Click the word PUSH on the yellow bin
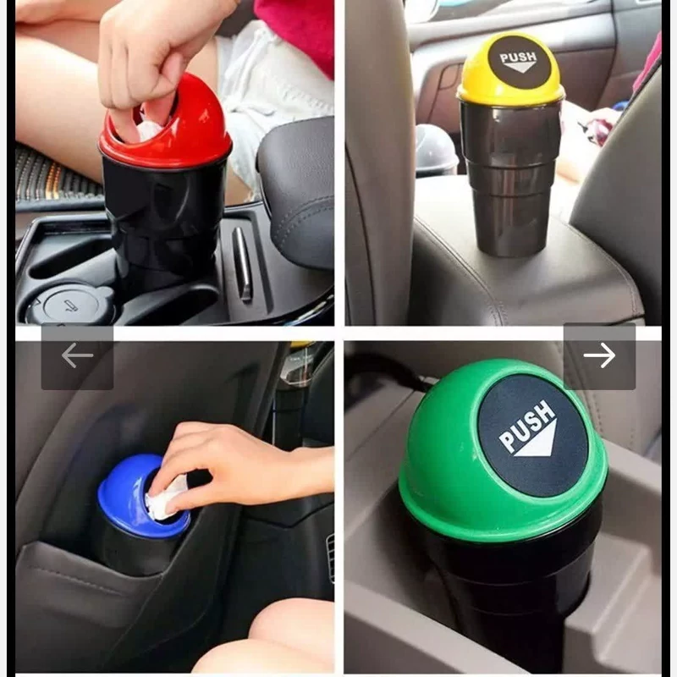(x=518, y=58)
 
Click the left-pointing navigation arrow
(x=77, y=355)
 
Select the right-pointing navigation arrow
(x=599, y=355)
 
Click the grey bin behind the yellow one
(x=436, y=149)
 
